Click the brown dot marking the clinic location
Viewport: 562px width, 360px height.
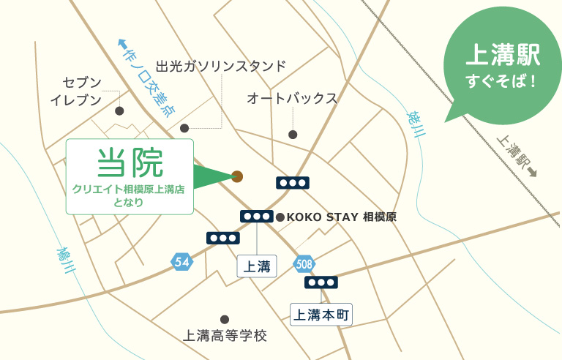tap(237, 176)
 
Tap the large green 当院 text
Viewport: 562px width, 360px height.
tap(130, 162)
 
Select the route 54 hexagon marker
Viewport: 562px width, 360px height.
tap(182, 261)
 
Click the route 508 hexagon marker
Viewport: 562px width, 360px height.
tap(304, 263)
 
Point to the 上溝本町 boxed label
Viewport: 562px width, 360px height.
tap(322, 315)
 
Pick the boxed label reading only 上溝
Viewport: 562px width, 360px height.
tap(257, 266)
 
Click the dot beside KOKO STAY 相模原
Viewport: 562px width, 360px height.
tap(280, 217)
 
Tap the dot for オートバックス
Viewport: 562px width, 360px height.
tap(293, 134)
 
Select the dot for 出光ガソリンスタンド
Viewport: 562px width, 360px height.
tap(184, 127)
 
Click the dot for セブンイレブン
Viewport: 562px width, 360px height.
tap(119, 111)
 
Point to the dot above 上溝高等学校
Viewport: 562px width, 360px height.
tap(225, 319)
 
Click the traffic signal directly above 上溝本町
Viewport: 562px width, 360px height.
tap(321, 282)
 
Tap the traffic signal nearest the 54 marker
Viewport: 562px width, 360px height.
tap(222, 239)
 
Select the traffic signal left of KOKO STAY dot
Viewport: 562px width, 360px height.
tap(257, 217)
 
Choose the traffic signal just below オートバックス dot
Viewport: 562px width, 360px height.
tap(292, 183)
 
